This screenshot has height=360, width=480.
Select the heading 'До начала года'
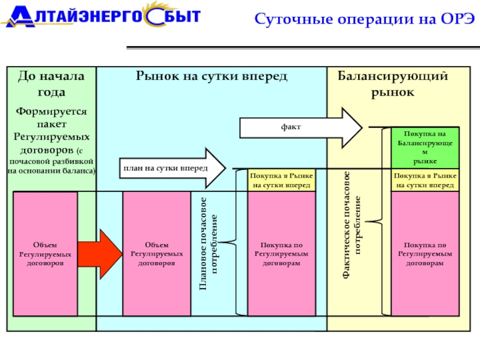tap(51, 84)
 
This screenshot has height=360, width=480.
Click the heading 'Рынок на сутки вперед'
tap(211, 76)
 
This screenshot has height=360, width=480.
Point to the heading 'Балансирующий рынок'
tap(392, 84)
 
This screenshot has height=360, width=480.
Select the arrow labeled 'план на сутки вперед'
tap(172, 168)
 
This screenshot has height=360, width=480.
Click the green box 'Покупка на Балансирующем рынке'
tap(425, 148)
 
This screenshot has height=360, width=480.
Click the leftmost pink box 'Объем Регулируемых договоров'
tap(46, 254)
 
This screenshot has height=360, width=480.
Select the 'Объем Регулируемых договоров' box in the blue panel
tap(157, 254)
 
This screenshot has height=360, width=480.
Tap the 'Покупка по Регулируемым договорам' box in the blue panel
tap(281, 254)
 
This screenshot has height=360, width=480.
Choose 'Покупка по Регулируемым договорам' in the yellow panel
tap(425, 254)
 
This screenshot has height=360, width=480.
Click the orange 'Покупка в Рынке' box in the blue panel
tap(281, 181)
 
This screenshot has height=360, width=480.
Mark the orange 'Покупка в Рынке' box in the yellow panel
tap(425, 181)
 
